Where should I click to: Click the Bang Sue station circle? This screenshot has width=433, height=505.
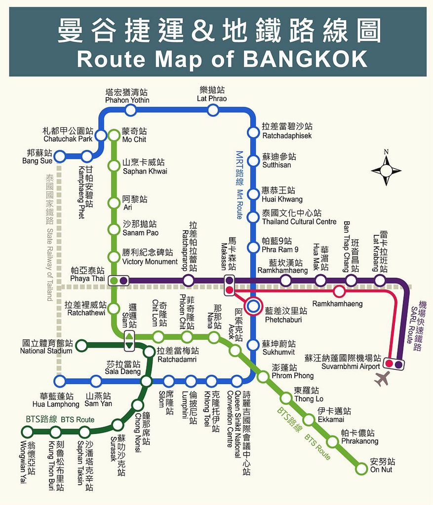[60, 157]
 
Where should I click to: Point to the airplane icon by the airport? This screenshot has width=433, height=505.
[382, 379]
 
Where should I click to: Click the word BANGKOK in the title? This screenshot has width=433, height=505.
[306, 59]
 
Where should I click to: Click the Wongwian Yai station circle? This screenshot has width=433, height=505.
[27, 432]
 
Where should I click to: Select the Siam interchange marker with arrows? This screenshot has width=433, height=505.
[129, 340]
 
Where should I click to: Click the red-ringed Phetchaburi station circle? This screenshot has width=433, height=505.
[253, 306]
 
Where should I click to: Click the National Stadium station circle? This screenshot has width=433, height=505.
[81, 346]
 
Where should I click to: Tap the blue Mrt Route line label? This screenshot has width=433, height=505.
[240, 185]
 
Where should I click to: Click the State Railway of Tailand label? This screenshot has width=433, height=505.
[50, 237]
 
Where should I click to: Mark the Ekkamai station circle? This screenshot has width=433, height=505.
[309, 420]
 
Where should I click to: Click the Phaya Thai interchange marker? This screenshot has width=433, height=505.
[118, 281]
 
